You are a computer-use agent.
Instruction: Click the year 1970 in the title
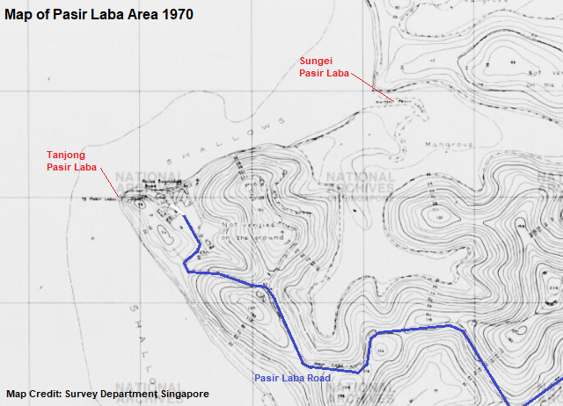[177, 15]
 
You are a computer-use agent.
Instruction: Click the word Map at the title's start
[20, 15]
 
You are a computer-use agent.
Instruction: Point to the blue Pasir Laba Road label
[293, 377]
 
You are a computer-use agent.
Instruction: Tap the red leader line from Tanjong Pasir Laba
[110, 182]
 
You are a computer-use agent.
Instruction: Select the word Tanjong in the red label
[66, 154]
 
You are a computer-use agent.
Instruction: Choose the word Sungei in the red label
[316, 61]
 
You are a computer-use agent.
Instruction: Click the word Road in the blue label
[318, 377]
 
